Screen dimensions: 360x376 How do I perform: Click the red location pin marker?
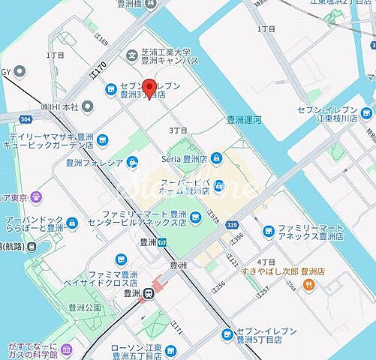[x=149, y=88]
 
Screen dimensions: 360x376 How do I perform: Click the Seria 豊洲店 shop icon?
[x=216, y=158]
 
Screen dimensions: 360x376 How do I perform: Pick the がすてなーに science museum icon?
[x=68, y=349]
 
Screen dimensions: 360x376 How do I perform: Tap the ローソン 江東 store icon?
[x=170, y=350]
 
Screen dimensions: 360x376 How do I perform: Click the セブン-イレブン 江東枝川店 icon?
[x=366, y=113]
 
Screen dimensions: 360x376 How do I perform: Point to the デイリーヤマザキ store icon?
[x=102, y=139]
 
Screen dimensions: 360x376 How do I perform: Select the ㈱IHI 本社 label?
[x=66, y=108]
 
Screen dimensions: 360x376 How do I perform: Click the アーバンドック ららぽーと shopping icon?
[x=71, y=223]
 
